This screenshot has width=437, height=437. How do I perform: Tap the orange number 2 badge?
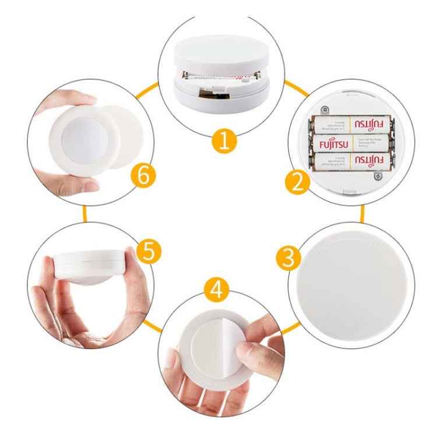pyautogui.click(x=298, y=182)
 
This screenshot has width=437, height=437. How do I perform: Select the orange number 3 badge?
pyautogui.click(x=286, y=258)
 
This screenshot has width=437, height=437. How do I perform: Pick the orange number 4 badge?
pyautogui.click(x=217, y=290)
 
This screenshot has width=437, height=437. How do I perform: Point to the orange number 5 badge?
pyautogui.click(x=148, y=252)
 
